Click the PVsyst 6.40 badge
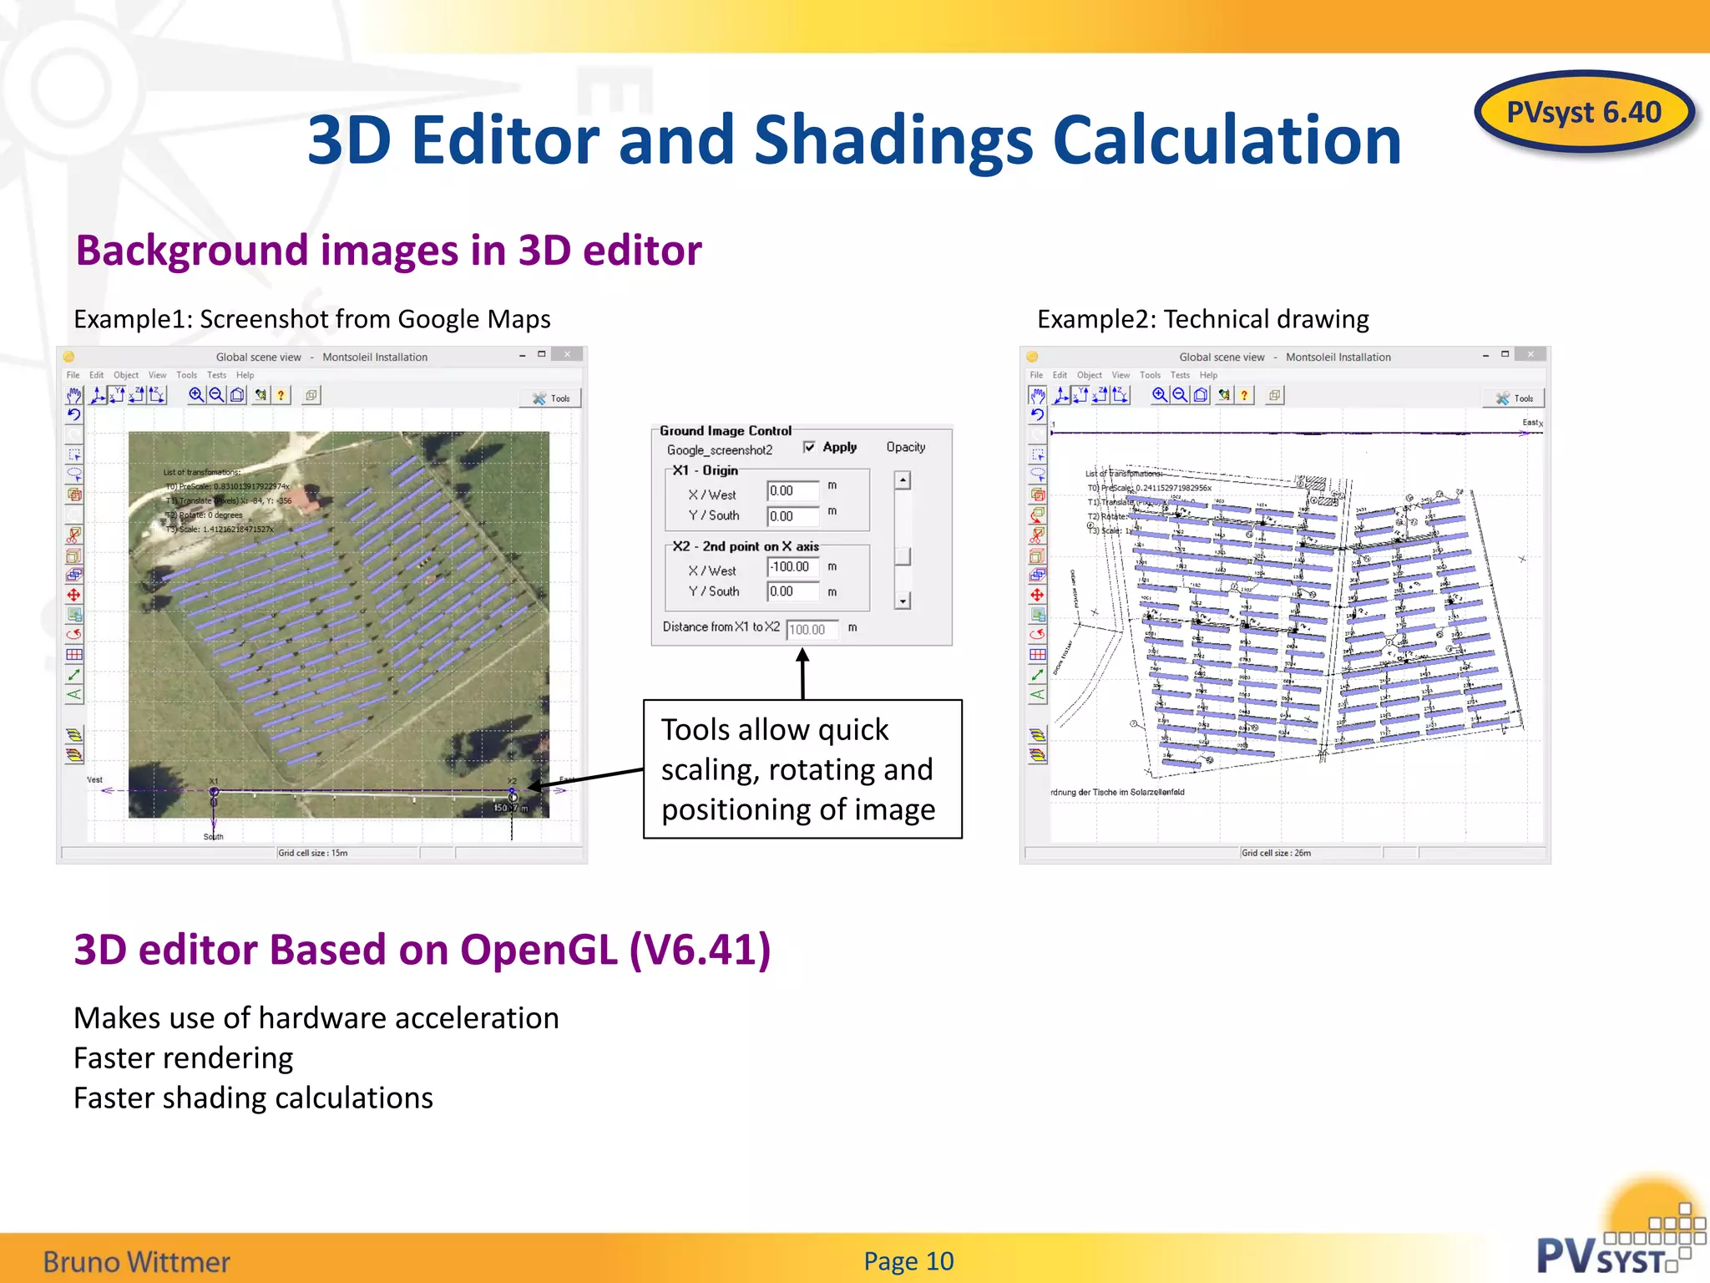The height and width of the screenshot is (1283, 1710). tap(1583, 112)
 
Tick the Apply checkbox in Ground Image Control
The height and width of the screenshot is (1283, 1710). tap(809, 447)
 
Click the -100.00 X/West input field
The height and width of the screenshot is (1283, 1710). tap(792, 566)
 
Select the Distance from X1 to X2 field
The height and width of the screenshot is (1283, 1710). tap(811, 629)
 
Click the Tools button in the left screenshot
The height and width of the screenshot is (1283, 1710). tap(551, 398)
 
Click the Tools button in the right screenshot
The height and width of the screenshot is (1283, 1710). tap(1514, 398)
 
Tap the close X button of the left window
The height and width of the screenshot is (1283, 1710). tap(568, 354)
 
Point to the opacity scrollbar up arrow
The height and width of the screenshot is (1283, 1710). tap(903, 480)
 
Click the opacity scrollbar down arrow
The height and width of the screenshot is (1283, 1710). tap(903, 601)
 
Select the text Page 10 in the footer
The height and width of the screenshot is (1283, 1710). tap(908, 1260)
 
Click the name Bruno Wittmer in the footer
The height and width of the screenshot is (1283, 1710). tap(137, 1261)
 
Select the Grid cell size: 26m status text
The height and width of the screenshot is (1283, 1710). tap(1276, 853)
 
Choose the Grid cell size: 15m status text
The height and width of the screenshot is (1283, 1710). tap(313, 853)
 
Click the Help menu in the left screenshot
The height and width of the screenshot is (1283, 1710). tap(245, 375)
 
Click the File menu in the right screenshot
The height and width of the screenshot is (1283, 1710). tap(1036, 375)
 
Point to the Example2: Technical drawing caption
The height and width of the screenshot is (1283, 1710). tap(1202, 319)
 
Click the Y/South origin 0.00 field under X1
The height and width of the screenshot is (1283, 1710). tap(792, 516)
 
